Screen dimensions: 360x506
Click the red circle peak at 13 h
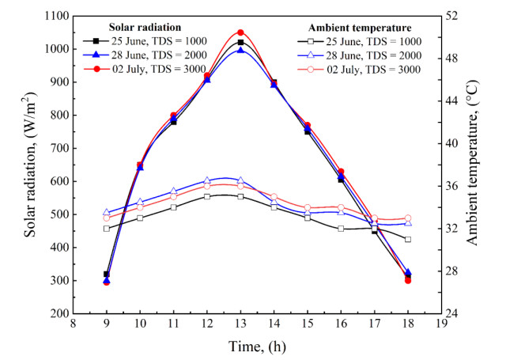(x=240, y=32)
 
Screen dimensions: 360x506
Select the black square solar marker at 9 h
(x=106, y=274)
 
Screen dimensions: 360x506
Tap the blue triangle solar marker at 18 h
(x=408, y=271)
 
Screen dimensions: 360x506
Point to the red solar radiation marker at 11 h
(x=173, y=116)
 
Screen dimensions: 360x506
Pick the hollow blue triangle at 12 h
(x=207, y=180)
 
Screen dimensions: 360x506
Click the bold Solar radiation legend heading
(x=140, y=27)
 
